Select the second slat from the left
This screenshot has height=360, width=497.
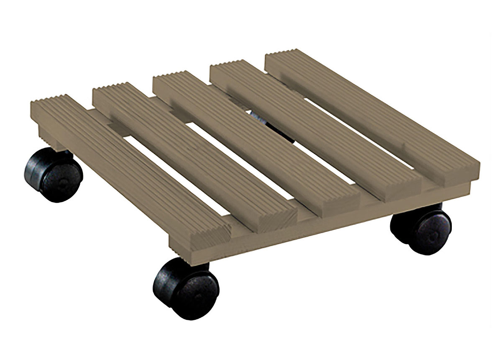[188, 151]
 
